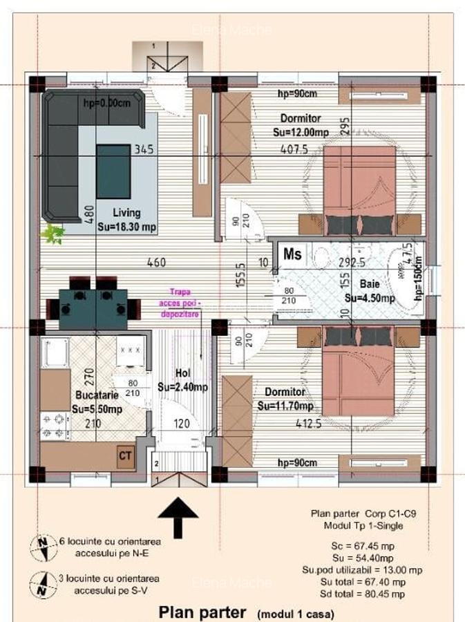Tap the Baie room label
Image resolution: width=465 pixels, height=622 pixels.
click(370, 283)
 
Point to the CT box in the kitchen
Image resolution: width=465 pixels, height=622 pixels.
click(125, 456)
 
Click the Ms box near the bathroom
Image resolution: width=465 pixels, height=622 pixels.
click(292, 254)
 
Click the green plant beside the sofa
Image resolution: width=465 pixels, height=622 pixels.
click(53, 234)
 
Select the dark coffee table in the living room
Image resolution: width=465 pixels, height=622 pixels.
click(113, 171)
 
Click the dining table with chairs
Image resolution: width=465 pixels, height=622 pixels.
click(93, 304)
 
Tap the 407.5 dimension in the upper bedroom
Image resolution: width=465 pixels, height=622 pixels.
click(294, 149)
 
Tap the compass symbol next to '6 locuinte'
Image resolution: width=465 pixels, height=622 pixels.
click(43, 549)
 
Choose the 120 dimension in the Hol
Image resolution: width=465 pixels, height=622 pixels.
click(182, 424)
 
